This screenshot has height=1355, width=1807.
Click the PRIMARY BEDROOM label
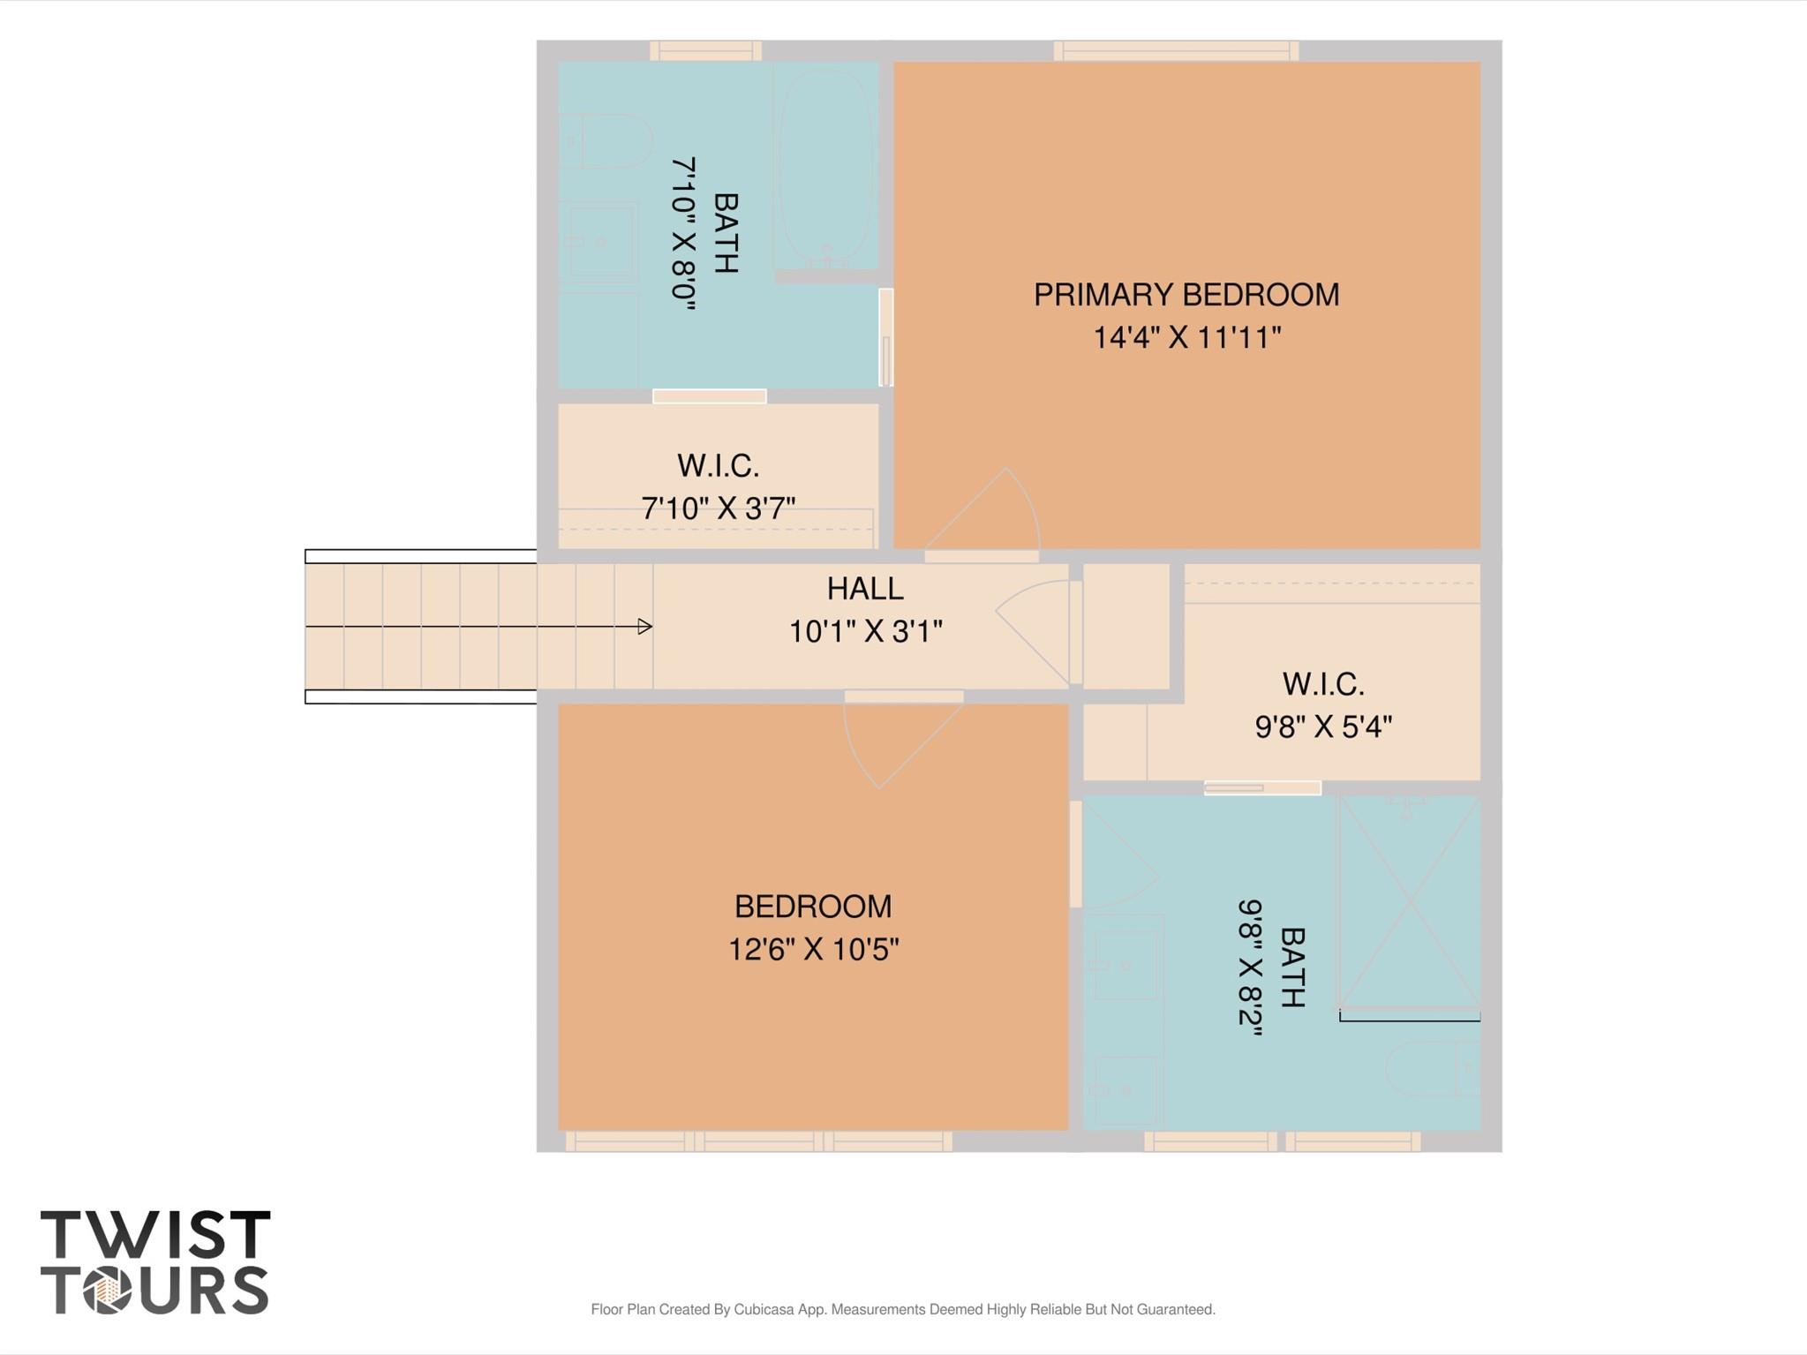(x=1186, y=295)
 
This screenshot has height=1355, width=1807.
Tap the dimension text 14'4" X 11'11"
(x=1186, y=337)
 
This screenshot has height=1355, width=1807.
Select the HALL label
(x=865, y=589)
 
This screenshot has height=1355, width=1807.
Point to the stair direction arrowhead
(x=645, y=627)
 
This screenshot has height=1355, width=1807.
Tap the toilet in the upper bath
(x=605, y=140)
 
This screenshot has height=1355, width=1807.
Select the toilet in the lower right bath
(x=1432, y=1068)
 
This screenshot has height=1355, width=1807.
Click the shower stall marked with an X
(x=1410, y=901)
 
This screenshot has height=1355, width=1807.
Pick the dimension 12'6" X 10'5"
(x=813, y=950)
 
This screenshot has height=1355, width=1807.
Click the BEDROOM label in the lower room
(x=813, y=907)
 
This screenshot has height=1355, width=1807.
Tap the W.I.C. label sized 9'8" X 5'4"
(x=1323, y=684)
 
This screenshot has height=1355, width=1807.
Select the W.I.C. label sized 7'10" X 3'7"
(x=718, y=465)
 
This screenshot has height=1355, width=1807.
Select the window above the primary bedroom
(x=1176, y=51)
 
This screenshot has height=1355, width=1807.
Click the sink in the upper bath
(x=600, y=242)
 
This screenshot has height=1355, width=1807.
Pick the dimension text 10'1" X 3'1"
(x=865, y=632)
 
